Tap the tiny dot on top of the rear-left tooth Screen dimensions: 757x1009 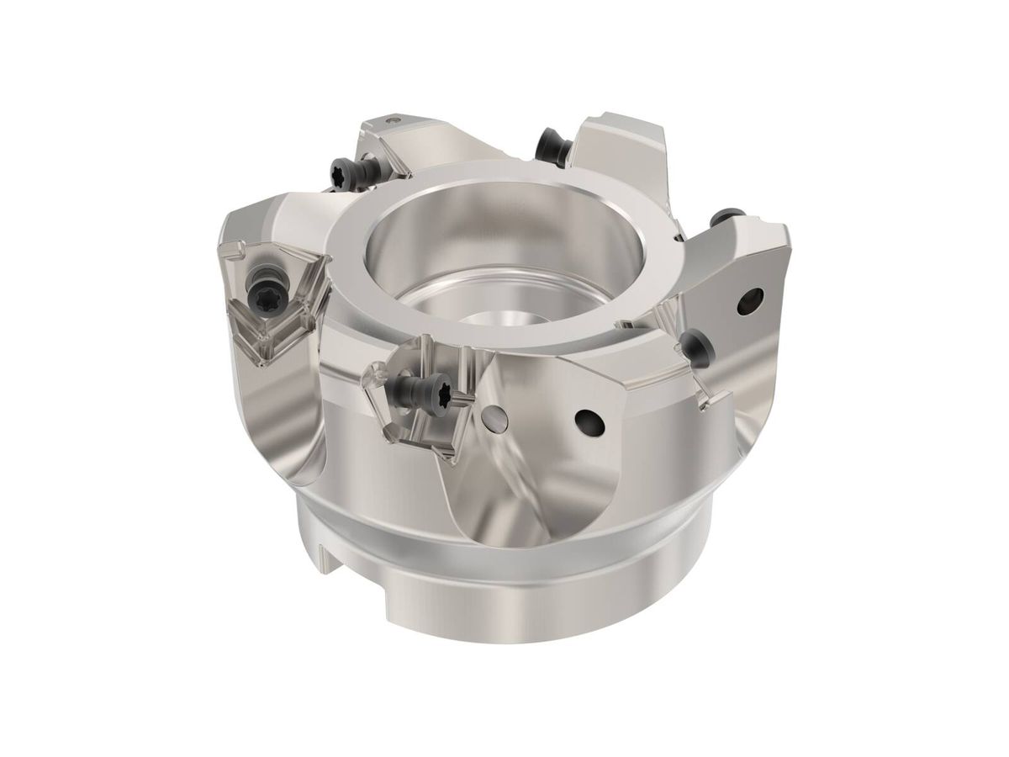392,123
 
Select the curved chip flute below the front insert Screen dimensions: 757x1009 496,496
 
